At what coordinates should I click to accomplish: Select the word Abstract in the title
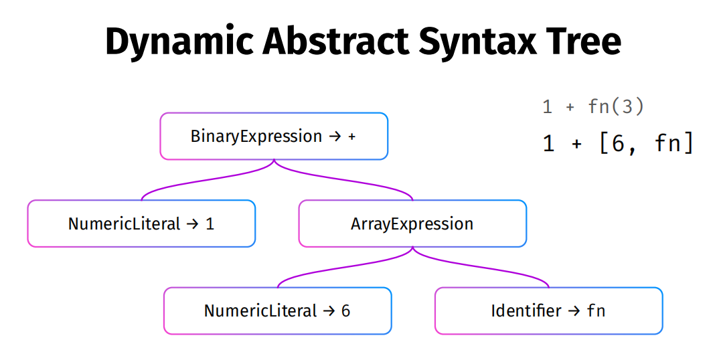tap(336, 41)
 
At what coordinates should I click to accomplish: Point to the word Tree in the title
tap(584, 41)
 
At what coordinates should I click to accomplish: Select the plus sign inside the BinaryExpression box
tap(351, 137)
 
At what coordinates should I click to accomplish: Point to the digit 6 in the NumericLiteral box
tap(345, 310)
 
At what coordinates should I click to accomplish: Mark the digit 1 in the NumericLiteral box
tap(210, 224)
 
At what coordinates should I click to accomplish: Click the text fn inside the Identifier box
tap(596, 310)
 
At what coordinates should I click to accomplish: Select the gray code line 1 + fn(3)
tap(593, 107)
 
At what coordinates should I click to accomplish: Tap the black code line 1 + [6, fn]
tap(618, 143)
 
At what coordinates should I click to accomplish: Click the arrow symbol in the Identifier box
tap(574, 311)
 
